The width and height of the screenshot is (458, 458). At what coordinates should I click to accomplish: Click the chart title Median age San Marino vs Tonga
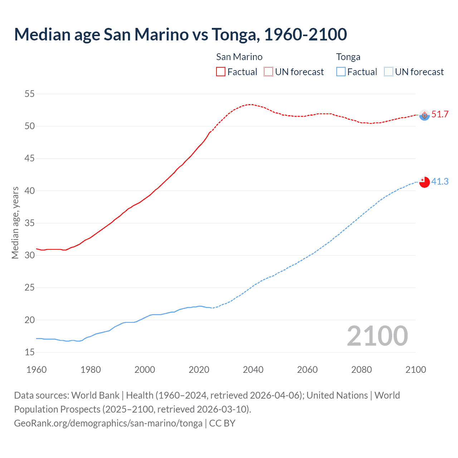[x=180, y=34]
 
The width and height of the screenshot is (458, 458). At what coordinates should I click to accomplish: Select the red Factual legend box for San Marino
[x=221, y=72]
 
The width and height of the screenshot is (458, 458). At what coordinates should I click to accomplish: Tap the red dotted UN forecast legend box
[x=268, y=72]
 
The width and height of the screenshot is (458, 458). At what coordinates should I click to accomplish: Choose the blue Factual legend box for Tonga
[x=341, y=72]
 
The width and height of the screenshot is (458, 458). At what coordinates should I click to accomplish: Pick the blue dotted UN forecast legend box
[x=388, y=72]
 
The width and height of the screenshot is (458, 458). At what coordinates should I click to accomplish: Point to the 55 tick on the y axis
[x=30, y=94]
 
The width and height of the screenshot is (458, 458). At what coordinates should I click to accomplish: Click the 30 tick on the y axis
[x=30, y=255]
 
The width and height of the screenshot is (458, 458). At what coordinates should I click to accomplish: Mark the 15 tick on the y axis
[x=30, y=352]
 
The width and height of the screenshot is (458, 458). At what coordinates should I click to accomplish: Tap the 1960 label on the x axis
[x=36, y=370]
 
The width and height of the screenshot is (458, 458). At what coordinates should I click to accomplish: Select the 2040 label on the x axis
[x=253, y=370]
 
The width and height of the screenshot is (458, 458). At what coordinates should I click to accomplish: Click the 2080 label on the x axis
[x=361, y=370]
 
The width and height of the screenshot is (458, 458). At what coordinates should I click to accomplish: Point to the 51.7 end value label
[x=440, y=114]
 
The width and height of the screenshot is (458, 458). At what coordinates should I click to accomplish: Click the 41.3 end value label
[x=440, y=182]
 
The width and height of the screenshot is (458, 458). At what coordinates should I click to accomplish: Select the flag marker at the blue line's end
[x=424, y=182]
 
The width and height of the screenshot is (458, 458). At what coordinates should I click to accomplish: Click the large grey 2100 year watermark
[x=377, y=336]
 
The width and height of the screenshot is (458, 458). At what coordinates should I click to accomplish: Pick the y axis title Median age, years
[x=15, y=223]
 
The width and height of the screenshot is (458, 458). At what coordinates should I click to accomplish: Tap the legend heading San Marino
[x=239, y=57]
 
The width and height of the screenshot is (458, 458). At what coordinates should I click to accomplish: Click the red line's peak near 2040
[x=250, y=104]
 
